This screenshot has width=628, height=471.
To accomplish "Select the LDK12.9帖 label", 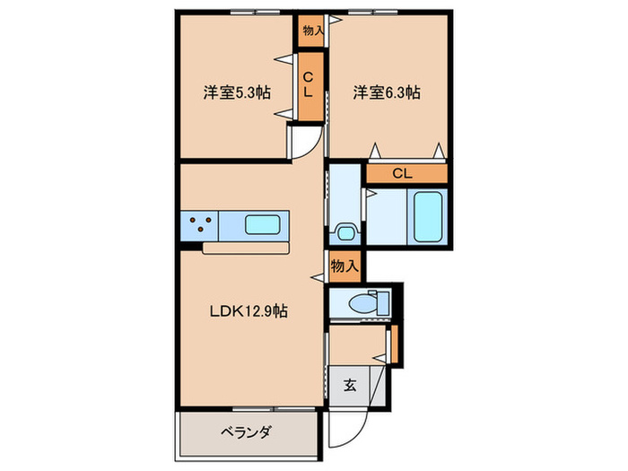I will [x=249, y=311].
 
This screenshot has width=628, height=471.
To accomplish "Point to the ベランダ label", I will [x=246, y=431].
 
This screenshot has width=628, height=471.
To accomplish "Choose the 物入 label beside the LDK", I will [x=345, y=266].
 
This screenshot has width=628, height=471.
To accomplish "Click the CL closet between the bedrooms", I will [x=308, y=86].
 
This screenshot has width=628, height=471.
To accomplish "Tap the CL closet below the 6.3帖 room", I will [x=402, y=174].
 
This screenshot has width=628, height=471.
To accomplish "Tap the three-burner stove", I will [x=198, y=223].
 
